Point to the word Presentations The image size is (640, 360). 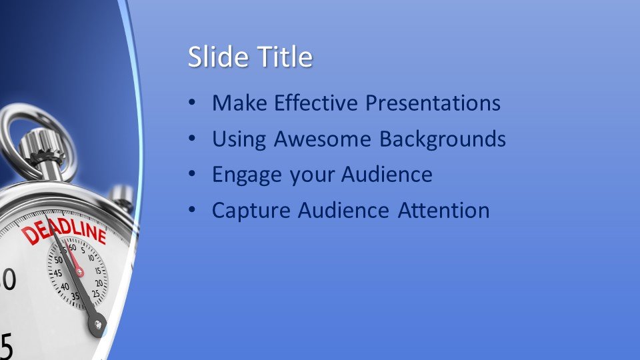(433, 103)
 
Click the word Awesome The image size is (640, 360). (322, 139)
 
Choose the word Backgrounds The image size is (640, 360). (443, 139)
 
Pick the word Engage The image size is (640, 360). (247, 175)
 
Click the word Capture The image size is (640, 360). (251, 211)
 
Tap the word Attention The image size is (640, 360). (444, 210)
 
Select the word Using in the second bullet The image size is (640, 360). (239, 139)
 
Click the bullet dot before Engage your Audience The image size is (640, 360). (192, 174)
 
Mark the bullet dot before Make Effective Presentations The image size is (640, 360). (192, 102)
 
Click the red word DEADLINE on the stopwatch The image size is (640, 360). (64, 231)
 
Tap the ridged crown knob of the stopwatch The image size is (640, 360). (41, 145)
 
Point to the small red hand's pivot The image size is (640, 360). (79, 271)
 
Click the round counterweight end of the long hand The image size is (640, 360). (97, 325)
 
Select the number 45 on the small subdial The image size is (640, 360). (57, 273)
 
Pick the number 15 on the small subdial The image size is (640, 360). (98, 270)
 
